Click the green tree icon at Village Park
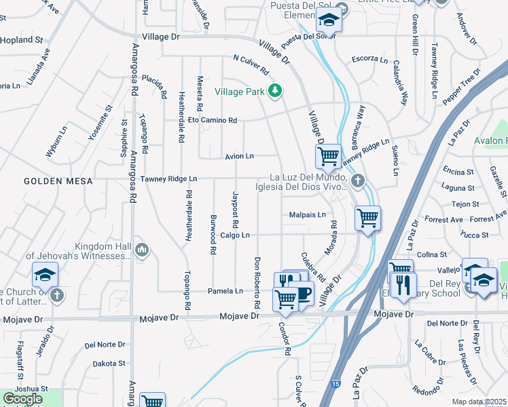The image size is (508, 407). tap(275, 91)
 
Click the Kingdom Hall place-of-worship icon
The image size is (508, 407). tap(142, 250)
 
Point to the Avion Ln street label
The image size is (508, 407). tap(240, 157)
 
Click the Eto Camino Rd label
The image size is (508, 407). tap(213, 121)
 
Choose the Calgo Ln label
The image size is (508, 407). tap(236, 235)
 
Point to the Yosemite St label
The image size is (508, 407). tap(100, 123)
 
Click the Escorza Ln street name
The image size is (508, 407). tap(369, 60)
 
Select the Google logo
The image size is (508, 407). tap(22, 399)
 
